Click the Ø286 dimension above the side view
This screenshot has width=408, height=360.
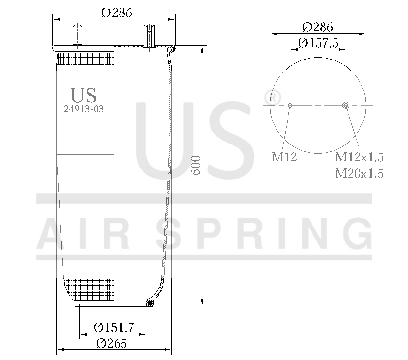pyautogui.click(x=116, y=12)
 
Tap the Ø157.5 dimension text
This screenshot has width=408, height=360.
pyautogui.click(x=318, y=43)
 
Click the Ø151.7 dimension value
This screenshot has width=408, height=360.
pyautogui.click(x=113, y=327)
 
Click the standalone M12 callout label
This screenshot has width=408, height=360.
pyautogui.click(x=284, y=157)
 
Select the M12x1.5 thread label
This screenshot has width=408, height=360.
pyautogui.click(x=359, y=157)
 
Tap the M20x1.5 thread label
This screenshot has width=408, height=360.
pyautogui.click(x=359, y=173)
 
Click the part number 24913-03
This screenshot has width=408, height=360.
pyautogui.click(x=84, y=108)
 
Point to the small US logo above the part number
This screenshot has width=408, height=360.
pyautogui.click(x=84, y=95)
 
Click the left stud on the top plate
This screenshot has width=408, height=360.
pyautogui.click(x=76, y=36)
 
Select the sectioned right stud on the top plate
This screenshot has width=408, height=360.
pyautogui.click(x=148, y=36)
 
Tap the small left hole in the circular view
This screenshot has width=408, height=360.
pyautogui.click(x=290, y=105)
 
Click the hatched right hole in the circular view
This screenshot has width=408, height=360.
pyautogui.click(x=346, y=105)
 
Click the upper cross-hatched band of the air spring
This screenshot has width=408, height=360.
pyautogui.click(x=85, y=59)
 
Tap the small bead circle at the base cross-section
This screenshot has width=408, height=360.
pyautogui.click(x=150, y=303)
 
